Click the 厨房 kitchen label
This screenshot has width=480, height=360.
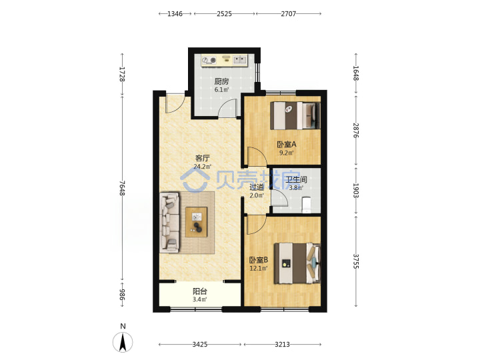221,81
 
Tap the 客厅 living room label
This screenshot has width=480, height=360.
203,158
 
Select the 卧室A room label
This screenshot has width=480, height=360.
287,144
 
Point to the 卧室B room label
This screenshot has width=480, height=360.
259,260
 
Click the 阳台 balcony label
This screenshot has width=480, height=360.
199,291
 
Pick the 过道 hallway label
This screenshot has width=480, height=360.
257,187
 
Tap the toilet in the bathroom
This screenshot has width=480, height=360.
307,205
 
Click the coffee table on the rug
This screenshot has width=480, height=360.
197,222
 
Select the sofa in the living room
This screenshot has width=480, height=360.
169,223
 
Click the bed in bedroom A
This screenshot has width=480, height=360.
295,116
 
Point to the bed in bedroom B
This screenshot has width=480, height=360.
297,263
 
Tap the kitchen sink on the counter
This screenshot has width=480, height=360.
240,60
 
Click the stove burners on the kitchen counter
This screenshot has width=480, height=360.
209,60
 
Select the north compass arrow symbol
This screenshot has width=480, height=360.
123,341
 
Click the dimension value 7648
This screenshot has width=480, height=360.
123,187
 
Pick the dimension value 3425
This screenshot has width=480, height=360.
200,345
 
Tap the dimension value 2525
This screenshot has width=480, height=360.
225,14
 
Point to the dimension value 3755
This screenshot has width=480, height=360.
356,261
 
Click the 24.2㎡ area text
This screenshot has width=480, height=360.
203,167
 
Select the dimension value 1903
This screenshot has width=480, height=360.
356,191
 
